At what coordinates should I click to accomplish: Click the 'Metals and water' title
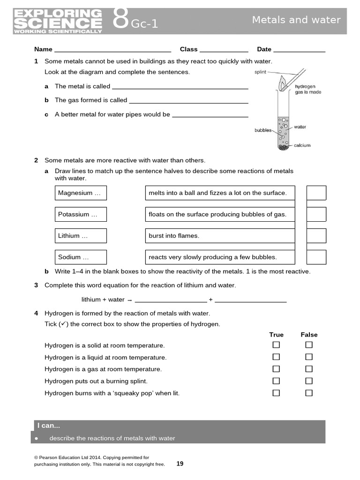click(296, 20)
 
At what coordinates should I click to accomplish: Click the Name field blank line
click(112, 50)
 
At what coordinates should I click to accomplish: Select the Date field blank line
click(299, 50)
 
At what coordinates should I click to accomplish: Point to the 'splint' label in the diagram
click(260, 72)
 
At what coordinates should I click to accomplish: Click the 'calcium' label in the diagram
click(302, 145)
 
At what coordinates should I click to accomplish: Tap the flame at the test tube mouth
click(283, 85)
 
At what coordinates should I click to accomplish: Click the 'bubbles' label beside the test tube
click(263, 130)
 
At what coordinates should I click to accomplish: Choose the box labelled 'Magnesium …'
click(81, 193)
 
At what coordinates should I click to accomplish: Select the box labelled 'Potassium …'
click(81, 214)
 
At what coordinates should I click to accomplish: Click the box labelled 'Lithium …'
click(81, 236)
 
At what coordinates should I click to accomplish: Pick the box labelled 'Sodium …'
click(81, 257)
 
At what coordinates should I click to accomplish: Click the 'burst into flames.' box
click(220, 236)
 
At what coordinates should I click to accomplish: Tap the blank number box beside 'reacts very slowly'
click(316, 257)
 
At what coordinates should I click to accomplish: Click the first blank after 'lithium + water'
click(171, 300)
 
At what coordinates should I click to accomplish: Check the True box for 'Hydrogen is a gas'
click(276, 369)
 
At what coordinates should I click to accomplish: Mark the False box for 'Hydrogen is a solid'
click(309, 345)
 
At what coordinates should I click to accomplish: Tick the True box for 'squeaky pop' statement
click(276, 393)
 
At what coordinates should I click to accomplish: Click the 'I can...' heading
click(49, 426)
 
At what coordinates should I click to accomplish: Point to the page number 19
click(180, 464)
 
